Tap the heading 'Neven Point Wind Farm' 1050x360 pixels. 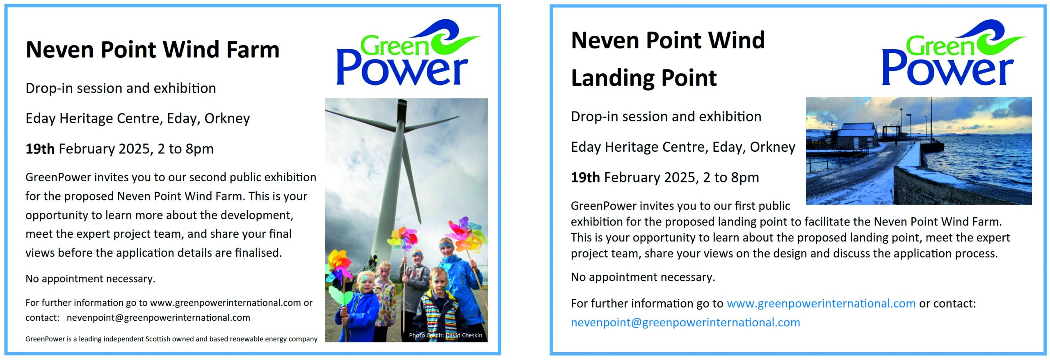point(152,50)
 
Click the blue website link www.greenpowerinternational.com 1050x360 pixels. point(821,303)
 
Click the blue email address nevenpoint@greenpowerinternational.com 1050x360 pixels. point(685,323)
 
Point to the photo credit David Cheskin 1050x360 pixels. point(445,335)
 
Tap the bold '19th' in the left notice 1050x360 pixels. point(40,149)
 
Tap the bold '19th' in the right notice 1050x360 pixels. point(585,178)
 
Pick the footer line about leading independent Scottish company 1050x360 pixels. point(171,339)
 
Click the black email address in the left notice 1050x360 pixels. point(158,318)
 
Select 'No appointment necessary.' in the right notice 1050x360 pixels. point(643,277)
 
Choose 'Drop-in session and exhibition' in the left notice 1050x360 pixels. point(121,89)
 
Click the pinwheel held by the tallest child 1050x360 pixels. point(466,234)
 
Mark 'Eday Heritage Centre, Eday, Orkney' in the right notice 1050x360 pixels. point(683,147)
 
